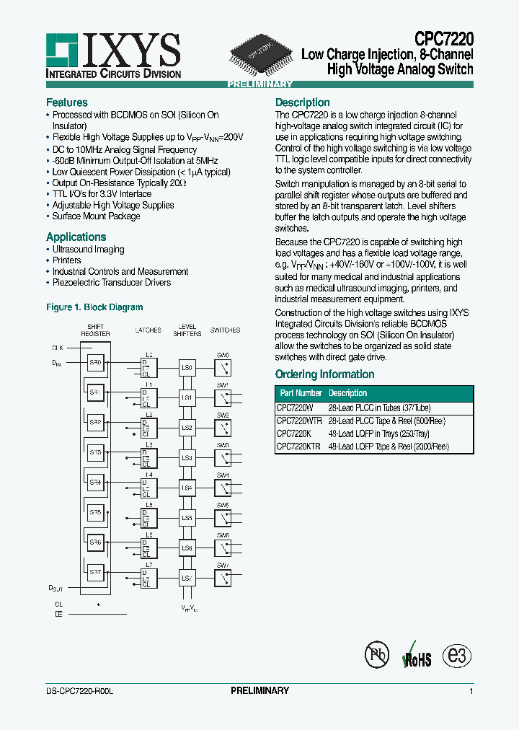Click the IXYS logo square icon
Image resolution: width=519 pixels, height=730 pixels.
tap(63, 51)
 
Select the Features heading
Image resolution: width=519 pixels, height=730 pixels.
tap(66, 102)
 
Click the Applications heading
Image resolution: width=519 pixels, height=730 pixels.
tap(76, 237)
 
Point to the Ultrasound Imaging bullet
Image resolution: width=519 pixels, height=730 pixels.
tap(88, 250)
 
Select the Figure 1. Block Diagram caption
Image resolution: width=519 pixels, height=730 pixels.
tap(94, 307)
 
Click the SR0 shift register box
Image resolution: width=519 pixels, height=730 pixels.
tap(95, 362)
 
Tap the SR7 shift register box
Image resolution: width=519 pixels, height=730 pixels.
tap(95, 573)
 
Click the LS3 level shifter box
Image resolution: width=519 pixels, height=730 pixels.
tap(187, 458)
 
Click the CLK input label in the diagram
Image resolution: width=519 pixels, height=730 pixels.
tap(58, 348)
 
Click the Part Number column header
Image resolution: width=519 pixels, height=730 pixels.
tap(301, 393)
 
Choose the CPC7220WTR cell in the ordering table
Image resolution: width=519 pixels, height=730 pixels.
tap(300, 421)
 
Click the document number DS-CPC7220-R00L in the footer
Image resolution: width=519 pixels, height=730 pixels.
tap(74, 691)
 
